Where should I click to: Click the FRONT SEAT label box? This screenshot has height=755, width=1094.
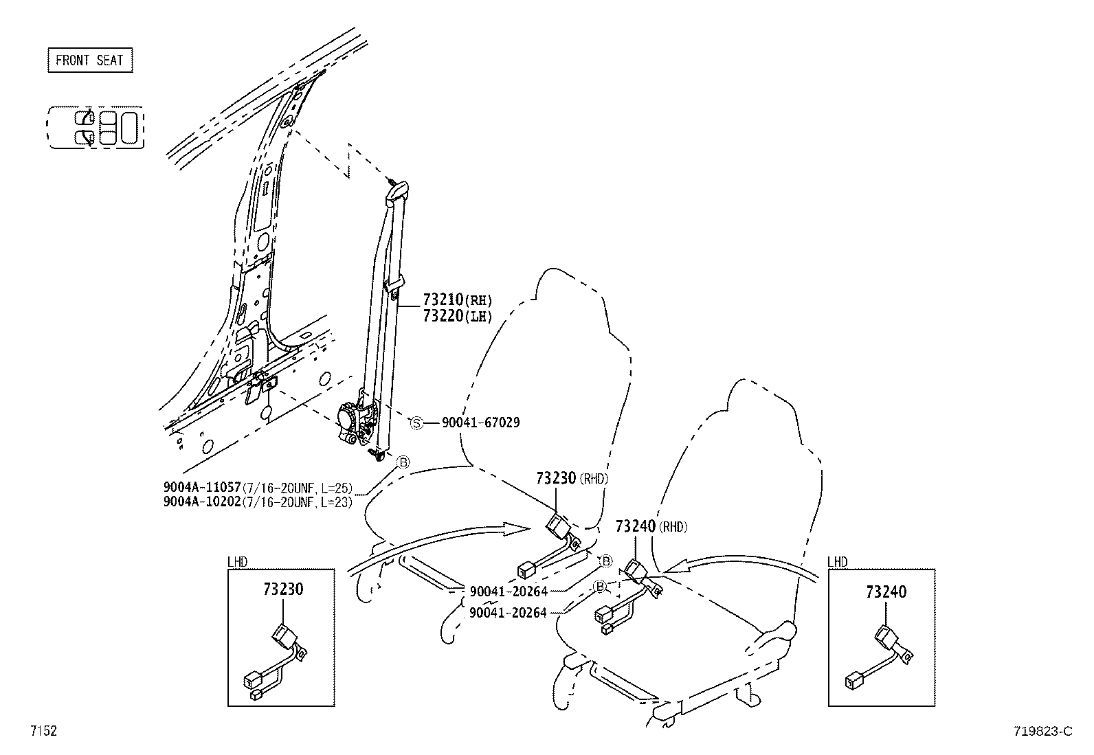click(x=89, y=60)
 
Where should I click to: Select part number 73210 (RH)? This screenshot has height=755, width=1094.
click(x=457, y=300)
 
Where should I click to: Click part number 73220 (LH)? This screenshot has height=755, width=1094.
click(x=457, y=316)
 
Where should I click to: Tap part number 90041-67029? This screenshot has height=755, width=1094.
click(x=480, y=423)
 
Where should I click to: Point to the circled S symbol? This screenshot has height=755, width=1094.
click(x=416, y=423)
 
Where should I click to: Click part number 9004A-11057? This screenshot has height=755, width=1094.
click(x=202, y=488)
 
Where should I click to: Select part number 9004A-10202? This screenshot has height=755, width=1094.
click(x=202, y=502)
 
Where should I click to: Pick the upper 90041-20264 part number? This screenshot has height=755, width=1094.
click(x=508, y=591)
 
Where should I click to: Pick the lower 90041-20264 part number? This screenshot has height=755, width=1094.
click(x=508, y=612)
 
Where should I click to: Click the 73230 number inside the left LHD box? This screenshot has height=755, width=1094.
click(x=282, y=589)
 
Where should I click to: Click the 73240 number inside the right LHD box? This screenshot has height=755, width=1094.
click(x=886, y=591)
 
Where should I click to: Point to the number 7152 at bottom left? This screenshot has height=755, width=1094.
click(x=43, y=731)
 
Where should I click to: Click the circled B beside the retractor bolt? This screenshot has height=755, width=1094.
click(x=403, y=462)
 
